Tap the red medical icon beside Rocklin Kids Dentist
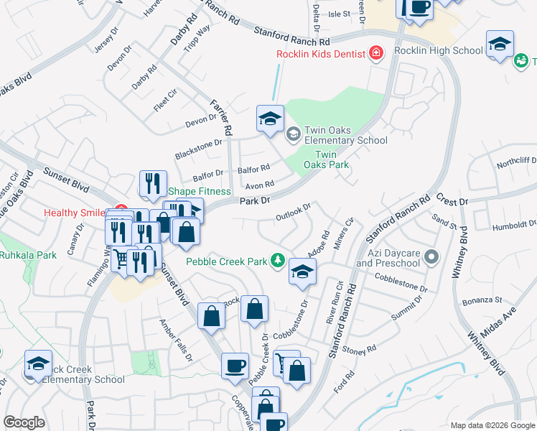pyautogui.click(x=375, y=52)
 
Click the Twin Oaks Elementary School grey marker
pyautogui.click(x=293, y=133)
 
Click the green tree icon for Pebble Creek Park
pyautogui.click(x=277, y=261)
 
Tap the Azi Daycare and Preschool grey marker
pyautogui.click(x=431, y=256)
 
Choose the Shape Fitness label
pyautogui.click(x=200, y=191)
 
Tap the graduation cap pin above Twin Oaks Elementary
pyautogui.click(x=270, y=120)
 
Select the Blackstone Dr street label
pyautogui.click(x=199, y=149)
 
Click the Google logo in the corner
pyautogui.click(x=24, y=422)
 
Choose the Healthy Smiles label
pyautogui.click(x=75, y=213)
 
